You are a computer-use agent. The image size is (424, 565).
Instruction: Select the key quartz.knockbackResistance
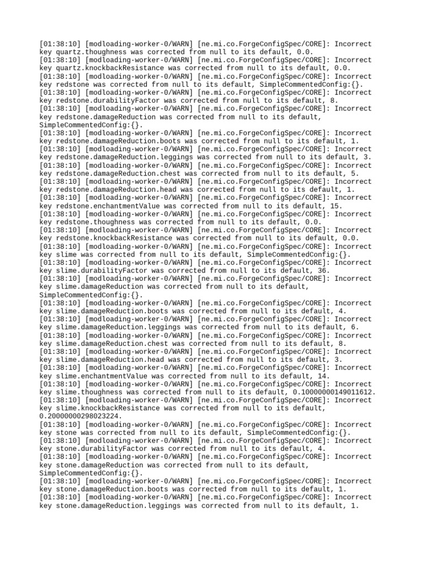click(x=112, y=68)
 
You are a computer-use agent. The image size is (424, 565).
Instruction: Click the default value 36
click(x=324, y=270)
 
